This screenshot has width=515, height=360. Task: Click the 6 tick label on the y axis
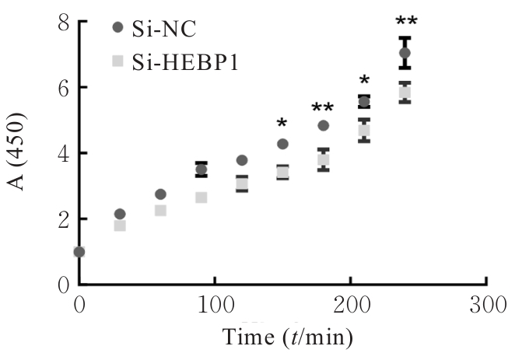tap(61, 89)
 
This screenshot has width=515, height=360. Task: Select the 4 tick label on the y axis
tap(61, 154)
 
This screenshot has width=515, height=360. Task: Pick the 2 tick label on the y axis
tap(61, 220)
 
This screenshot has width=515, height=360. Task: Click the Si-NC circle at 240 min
tap(405, 53)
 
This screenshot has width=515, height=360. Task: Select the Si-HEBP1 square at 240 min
tap(405, 93)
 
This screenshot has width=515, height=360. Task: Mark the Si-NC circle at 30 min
tap(120, 214)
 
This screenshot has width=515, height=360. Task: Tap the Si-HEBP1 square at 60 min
tap(160, 210)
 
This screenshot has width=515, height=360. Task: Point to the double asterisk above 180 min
tap(323, 108)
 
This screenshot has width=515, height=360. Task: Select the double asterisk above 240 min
tap(405, 22)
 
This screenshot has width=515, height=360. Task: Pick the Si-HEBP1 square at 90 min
tap(201, 197)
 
